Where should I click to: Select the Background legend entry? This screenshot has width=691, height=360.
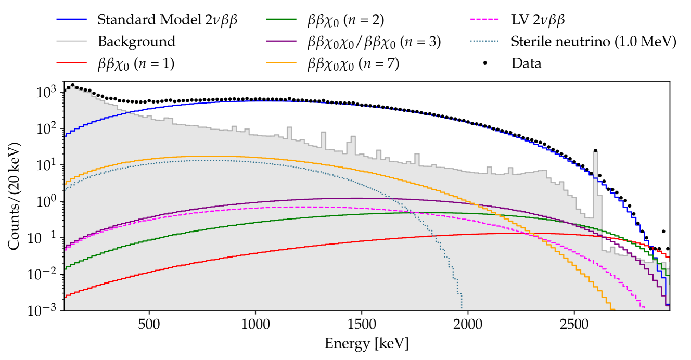click(136, 42)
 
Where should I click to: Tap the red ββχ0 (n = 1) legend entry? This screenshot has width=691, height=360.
click(135, 63)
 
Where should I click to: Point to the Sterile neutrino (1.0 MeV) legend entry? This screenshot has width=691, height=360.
click(594, 42)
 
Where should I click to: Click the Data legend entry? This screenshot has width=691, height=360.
click(527, 63)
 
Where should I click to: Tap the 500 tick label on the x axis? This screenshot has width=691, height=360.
click(149, 324)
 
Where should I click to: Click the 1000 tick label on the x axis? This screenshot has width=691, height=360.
click(255, 324)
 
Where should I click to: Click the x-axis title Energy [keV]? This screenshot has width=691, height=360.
click(366, 343)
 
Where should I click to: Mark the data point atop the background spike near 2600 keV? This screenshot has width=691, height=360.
click(595, 151)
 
